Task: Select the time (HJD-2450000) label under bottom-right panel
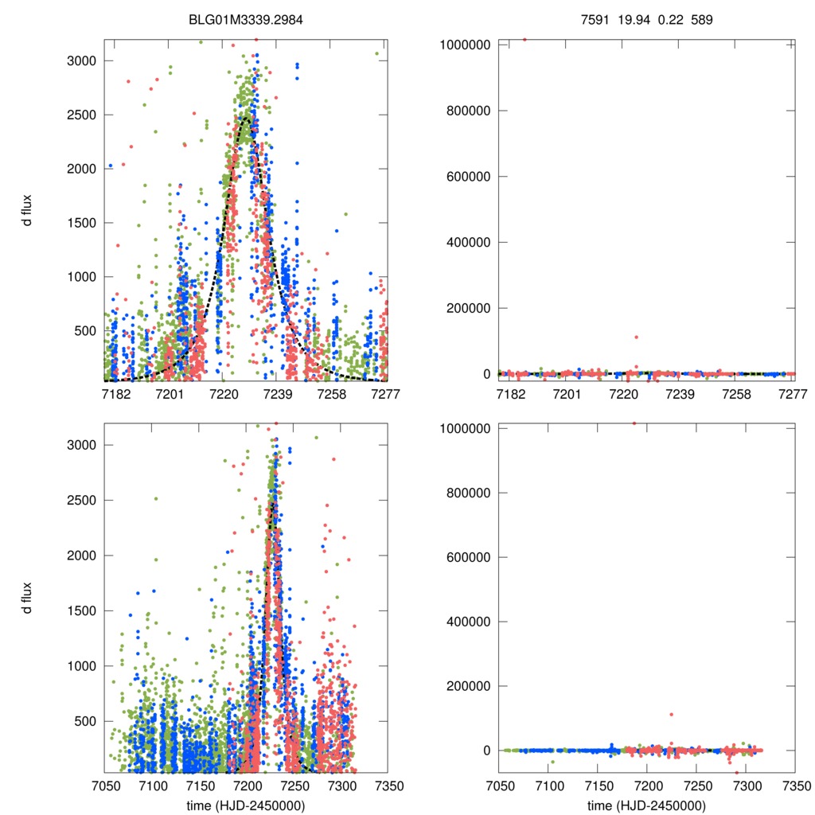(x=646, y=805)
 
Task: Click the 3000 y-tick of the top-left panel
(x=82, y=60)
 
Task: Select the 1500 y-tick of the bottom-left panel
(x=82, y=610)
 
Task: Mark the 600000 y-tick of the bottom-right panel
(x=471, y=557)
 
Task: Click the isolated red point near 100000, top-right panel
(x=636, y=337)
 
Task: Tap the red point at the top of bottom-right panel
(x=634, y=423)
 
